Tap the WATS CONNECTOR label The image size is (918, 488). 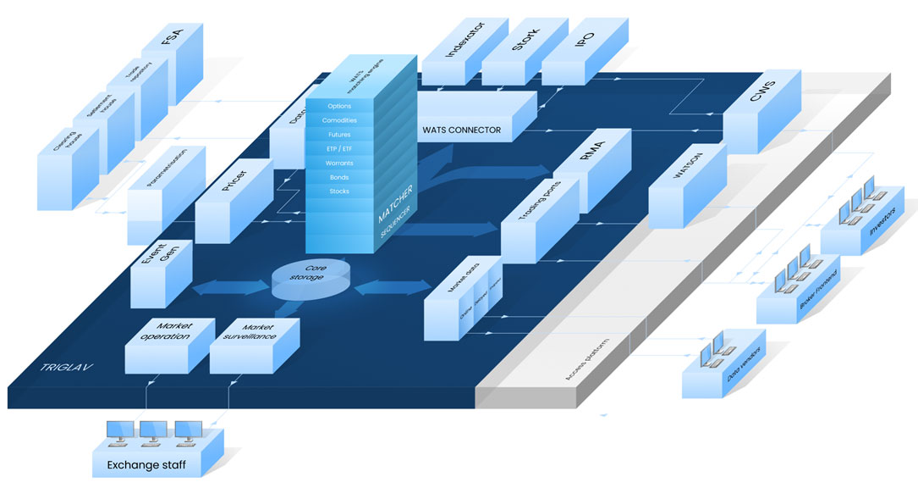[x=461, y=130]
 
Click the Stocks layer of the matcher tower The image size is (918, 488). [x=339, y=191]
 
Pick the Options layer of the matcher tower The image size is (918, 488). [x=339, y=106]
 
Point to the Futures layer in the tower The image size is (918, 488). [x=339, y=135]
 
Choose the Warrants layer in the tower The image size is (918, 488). [x=339, y=164]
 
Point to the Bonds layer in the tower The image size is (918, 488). [x=339, y=178]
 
